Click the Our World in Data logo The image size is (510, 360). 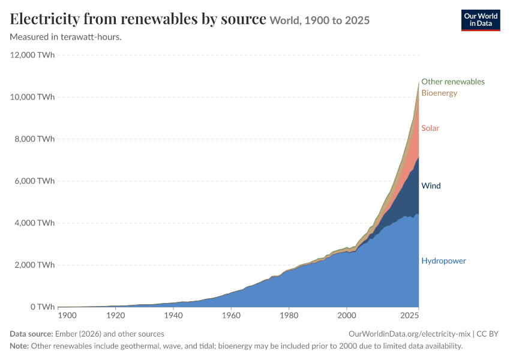point(481,20)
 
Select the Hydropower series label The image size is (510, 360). point(443,261)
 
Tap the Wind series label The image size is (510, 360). point(431,185)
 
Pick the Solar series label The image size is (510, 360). point(430,128)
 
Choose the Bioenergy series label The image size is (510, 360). point(439,93)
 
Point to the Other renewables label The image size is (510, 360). point(453,82)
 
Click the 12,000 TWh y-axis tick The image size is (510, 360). point(32,55)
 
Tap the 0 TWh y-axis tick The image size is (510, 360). point(43,307)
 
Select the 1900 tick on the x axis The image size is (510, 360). point(67,315)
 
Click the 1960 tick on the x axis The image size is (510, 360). point(231,315)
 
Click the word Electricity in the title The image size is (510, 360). point(44,19)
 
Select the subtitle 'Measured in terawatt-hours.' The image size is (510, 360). point(66,37)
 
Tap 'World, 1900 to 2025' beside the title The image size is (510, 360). point(320,20)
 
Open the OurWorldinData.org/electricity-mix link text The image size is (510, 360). point(409,334)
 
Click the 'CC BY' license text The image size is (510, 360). point(487,334)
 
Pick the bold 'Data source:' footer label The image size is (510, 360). point(31,334)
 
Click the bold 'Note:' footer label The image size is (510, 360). point(19,346)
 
